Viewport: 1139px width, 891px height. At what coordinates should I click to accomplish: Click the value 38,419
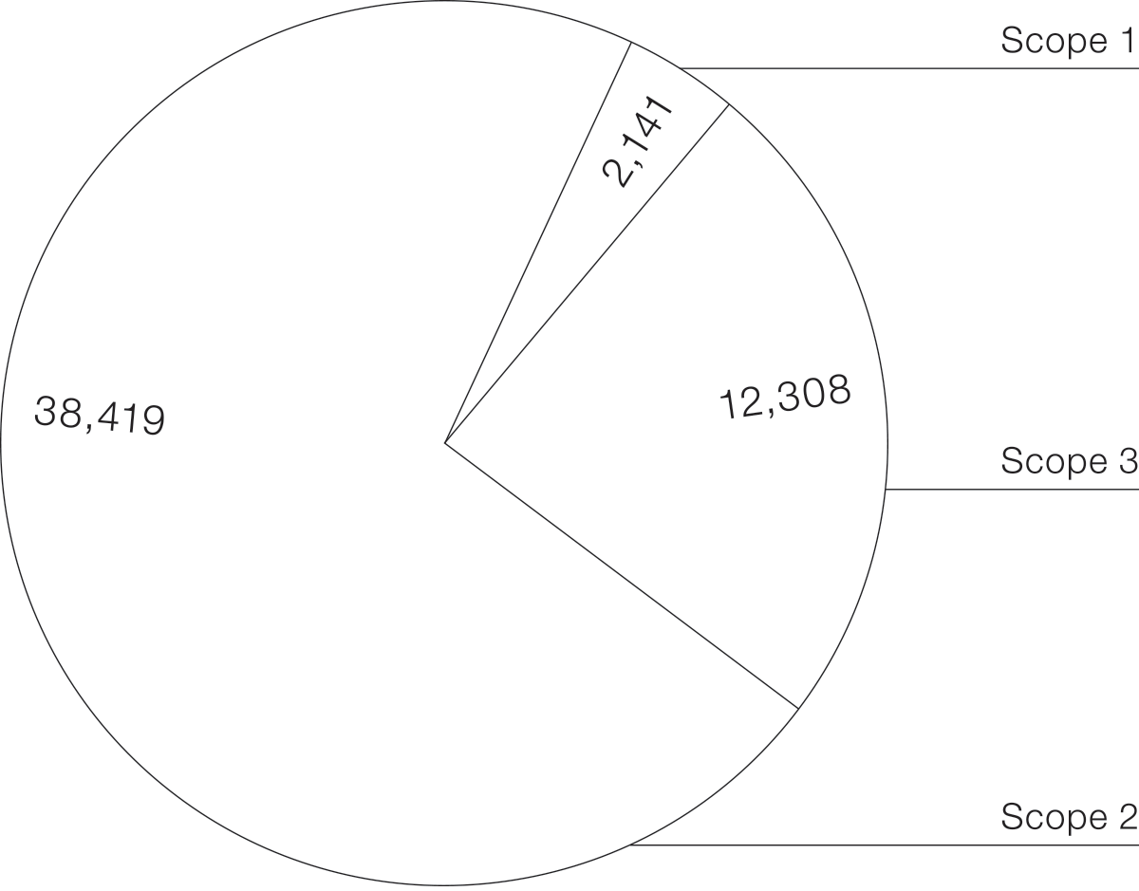[x=100, y=416]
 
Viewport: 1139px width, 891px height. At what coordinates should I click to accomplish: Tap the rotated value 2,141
[x=638, y=141]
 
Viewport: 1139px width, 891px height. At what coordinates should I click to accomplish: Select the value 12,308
[x=785, y=397]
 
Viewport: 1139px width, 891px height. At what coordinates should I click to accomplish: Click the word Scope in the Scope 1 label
[x=1055, y=42]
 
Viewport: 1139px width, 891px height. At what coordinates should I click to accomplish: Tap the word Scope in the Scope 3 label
[x=1055, y=462]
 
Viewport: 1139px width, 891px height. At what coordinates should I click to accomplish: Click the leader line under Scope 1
[x=909, y=68]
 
